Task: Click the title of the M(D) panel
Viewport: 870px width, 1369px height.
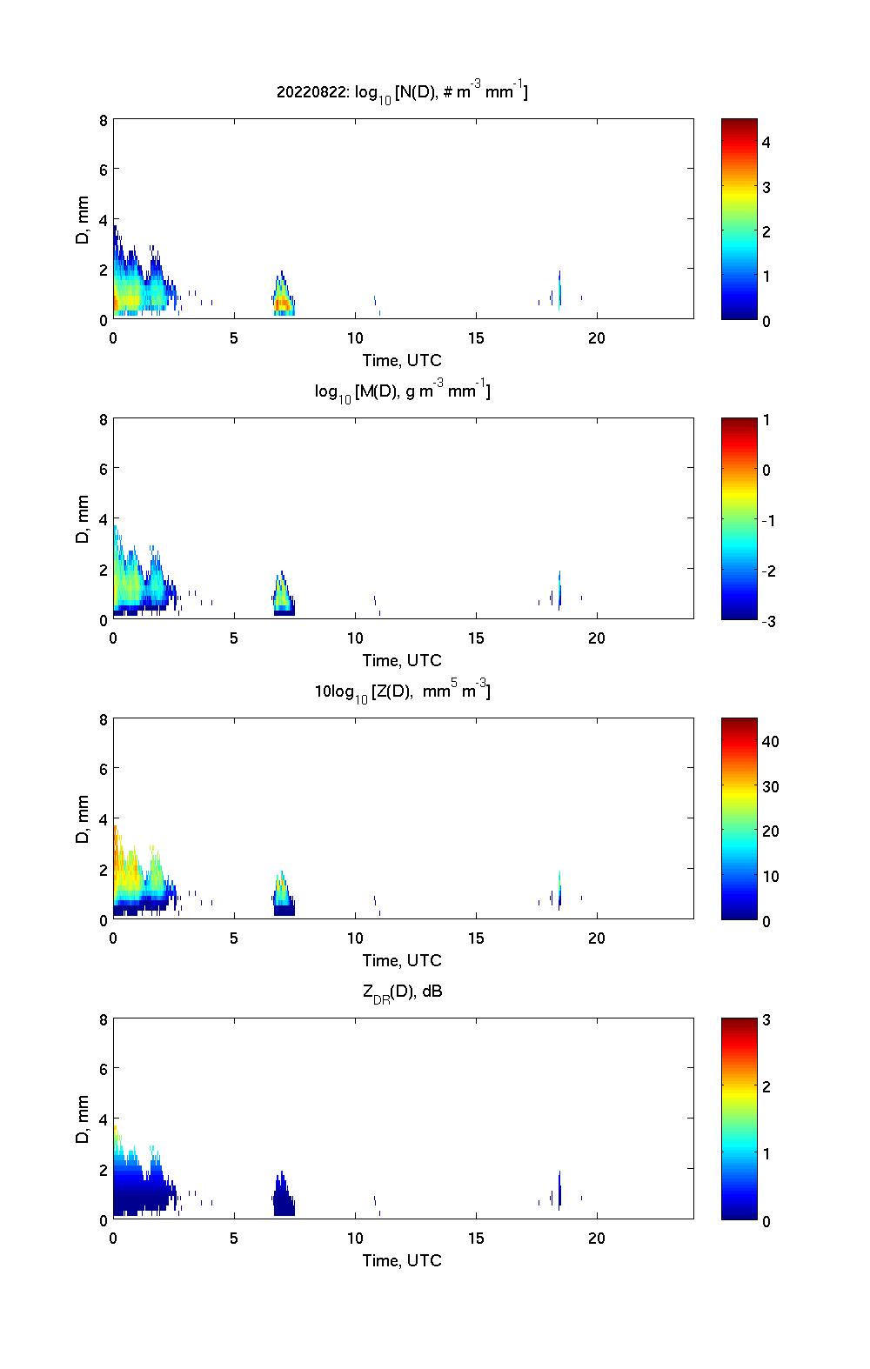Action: (x=402, y=391)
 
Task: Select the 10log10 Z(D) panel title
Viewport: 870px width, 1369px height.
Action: (x=402, y=691)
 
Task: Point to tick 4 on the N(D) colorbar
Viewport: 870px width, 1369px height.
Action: (x=766, y=142)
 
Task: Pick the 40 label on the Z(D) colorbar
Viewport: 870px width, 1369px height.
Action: (x=770, y=742)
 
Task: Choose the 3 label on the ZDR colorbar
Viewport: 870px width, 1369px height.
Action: (x=766, y=1020)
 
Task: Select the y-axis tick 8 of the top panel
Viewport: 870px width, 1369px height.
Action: (x=104, y=120)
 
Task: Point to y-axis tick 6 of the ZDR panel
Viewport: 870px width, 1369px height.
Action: (x=104, y=1069)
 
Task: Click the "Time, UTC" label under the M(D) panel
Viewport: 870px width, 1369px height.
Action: (x=402, y=660)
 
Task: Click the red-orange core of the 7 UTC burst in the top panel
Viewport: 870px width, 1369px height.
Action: (x=282, y=304)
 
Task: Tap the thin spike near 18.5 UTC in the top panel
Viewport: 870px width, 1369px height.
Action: (x=559, y=287)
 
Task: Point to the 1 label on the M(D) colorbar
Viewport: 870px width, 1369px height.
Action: (x=766, y=420)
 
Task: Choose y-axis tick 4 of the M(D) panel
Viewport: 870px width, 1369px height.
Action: (x=104, y=519)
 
